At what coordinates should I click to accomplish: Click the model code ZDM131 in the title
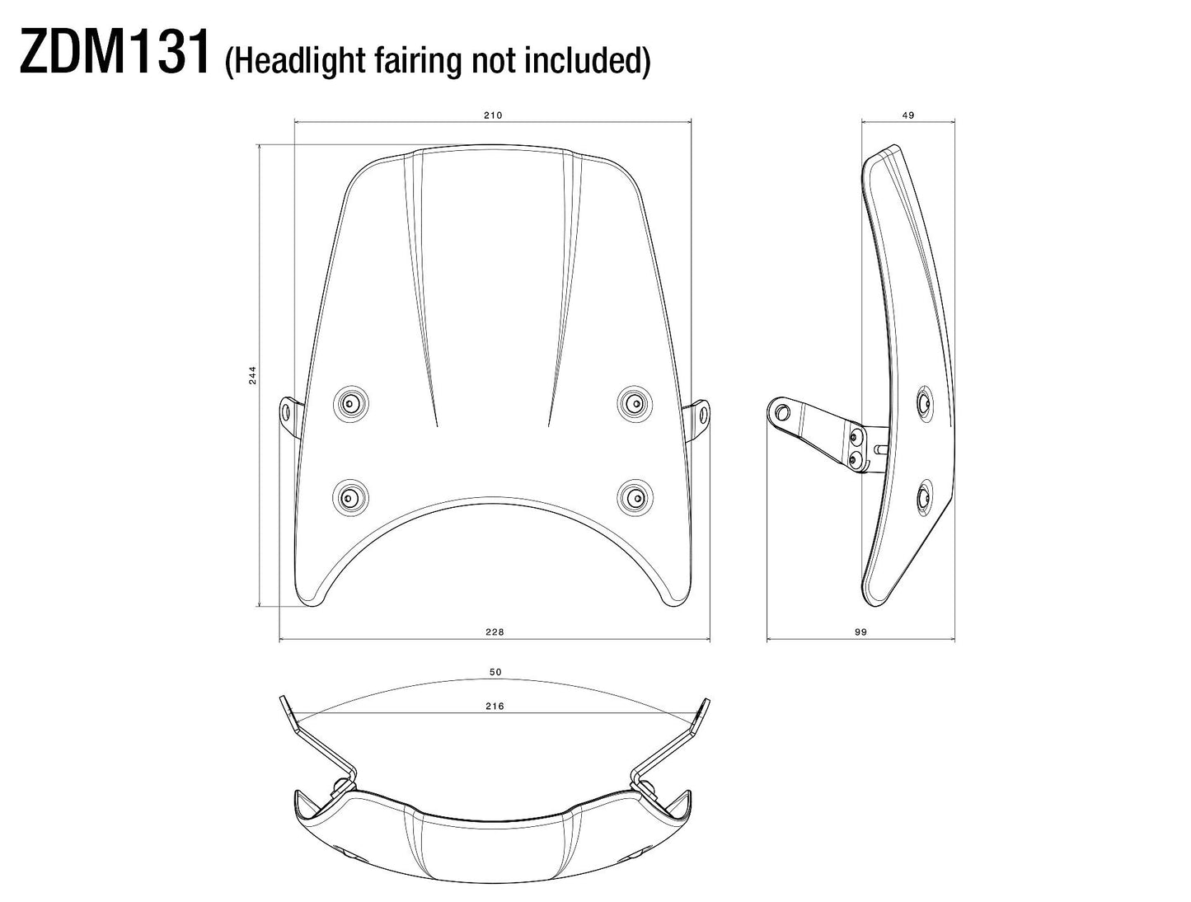tap(115, 54)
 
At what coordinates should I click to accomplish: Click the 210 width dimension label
tap(493, 115)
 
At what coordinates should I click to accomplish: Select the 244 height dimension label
tap(253, 375)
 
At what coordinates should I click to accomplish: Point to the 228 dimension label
tap(495, 632)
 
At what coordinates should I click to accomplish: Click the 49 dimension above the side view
tap(908, 115)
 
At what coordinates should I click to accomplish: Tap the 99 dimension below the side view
tap(860, 632)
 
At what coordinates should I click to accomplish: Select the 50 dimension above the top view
tap(495, 672)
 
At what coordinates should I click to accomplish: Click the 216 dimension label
tap(495, 706)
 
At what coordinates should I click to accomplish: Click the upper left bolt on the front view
tap(350, 403)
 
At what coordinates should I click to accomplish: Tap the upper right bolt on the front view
tap(634, 402)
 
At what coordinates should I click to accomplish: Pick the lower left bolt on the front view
tap(349, 497)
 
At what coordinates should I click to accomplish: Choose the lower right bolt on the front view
tap(634, 496)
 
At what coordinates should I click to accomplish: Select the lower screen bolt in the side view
tap(923, 496)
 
